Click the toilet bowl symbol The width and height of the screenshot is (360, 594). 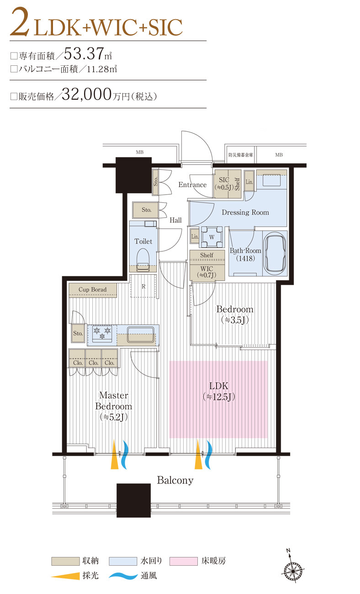(143, 260)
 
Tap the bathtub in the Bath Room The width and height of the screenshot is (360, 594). (275, 253)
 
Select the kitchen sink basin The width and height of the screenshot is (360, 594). (141, 334)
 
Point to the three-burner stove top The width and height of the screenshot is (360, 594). (102, 334)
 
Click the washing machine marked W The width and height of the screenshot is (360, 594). (212, 237)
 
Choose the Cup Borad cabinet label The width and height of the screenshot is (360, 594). (93, 290)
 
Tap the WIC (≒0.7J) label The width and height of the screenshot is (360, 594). (207, 272)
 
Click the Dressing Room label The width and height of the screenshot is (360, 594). (245, 212)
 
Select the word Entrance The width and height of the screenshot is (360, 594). (192, 185)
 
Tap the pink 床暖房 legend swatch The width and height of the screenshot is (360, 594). (184, 561)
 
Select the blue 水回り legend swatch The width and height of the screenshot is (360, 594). (123, 561)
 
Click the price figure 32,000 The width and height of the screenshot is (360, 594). (86, 95)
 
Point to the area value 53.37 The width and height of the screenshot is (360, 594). (84, 53)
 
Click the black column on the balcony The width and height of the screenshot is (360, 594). (133, 500)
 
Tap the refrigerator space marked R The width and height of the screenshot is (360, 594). (143, 286)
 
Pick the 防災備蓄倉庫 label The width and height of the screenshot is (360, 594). (241, 155)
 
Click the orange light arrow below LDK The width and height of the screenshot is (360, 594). (198, 454)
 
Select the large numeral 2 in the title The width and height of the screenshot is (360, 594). (19, 23)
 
